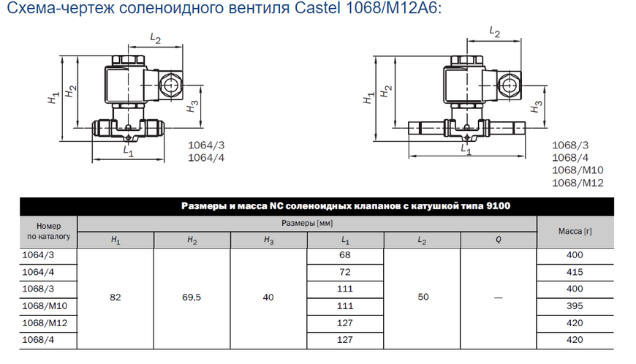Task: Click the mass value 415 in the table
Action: [x=575, y=272]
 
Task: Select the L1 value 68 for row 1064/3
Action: [x=345, y=255]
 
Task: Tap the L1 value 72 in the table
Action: [x=345, y=272]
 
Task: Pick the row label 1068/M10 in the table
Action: [x=45, y=306]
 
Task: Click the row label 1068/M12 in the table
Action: [x=45, y=323]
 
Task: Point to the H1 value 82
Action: [x=116, y=297]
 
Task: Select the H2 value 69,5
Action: [x=192, y=297]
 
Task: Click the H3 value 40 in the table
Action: [x=268, y=297]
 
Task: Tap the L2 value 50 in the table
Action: [x=423, y=297]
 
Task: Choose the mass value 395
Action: [x=575, y=306]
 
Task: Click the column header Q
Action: [x=499, y=240]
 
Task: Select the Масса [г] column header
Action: [x=575, y=232]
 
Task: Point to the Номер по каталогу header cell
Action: [x=49, y=231]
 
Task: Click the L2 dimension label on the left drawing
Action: [x=156, y=39]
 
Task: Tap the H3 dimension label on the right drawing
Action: [x=537, y=106]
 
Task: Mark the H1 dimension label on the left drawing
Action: [x=53, y=97]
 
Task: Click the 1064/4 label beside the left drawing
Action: [x=206, y=158]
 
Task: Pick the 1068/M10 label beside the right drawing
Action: [x=578, y=170]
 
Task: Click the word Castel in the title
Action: [x=317, y=8]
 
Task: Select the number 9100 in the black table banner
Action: [x=498, y=206]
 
